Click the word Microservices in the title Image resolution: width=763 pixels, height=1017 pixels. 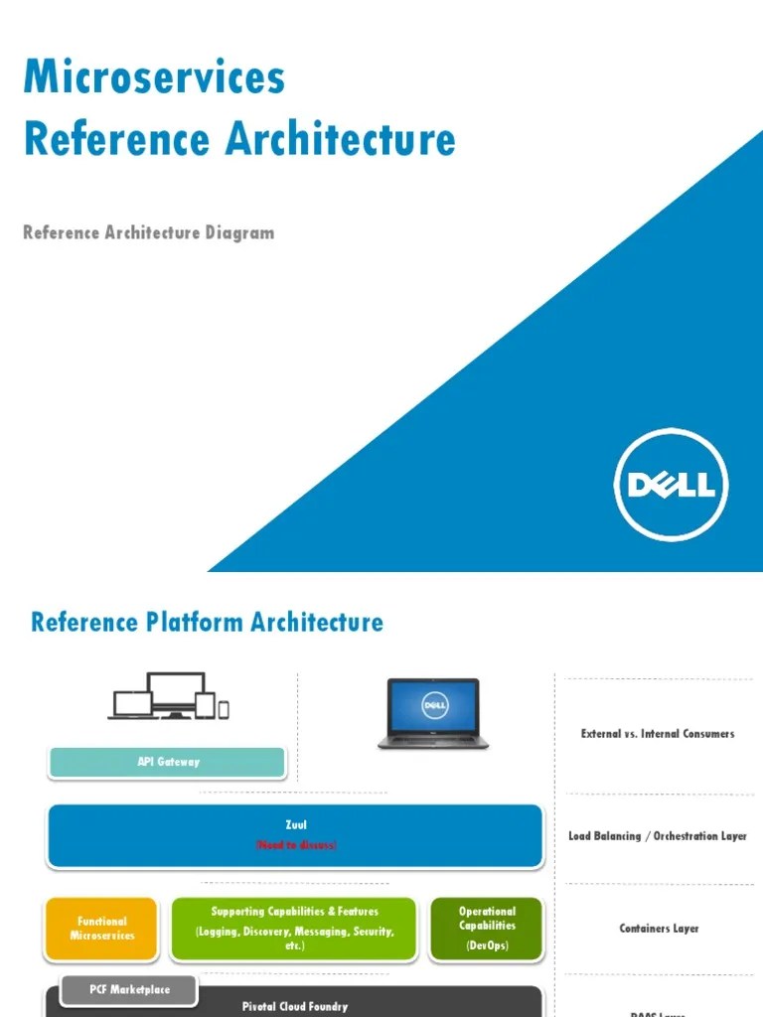pyautogui.click(x=154, y=76)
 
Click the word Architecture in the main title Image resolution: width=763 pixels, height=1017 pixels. pyautogui.click(x=340, y=139)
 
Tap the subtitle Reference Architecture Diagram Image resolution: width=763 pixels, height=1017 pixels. pyautogui.click(x=148, y=232)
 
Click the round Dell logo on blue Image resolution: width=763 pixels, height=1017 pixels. pyautogui.click(x=671, y=485)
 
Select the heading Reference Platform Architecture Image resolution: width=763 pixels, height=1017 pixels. pyautogui.click(x=207, y=623)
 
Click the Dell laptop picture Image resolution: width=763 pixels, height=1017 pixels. pyautogui.click(x=432, y=712)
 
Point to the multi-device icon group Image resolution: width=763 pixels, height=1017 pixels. pyautogui.click(x=169, y=696)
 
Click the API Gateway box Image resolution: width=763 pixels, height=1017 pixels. pyautogui.click(x=168, y=762)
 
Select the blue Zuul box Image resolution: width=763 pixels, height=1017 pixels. pyautogui.click(x=295, y=835)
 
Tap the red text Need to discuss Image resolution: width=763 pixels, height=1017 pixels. pyautogui.click(x=295, y=845)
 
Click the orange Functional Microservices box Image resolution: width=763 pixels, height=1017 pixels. pyautogui.click(x=102, y=929)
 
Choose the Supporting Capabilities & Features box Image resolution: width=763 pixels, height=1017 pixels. pyautogui.click(x=294, y=929)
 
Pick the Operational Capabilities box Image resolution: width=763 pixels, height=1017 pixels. pyautogui.click(x=487, y=929)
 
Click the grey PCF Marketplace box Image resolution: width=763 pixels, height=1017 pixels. pyautogui.click(x=129, y=989)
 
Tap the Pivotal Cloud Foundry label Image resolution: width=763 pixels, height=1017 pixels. pyautogui.click(x=295, y=1006)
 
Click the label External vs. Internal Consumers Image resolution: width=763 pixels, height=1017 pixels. pyautogui.click(x=658, y=734)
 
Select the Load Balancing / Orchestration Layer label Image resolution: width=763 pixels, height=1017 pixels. pyautogui.click(x=658, y=836)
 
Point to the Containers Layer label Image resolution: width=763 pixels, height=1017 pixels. pyautogui.click(x=658, y=929)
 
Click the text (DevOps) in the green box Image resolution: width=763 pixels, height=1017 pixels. pyautogui.click(x=487, y=945)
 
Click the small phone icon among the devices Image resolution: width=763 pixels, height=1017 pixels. pyautogui.click(x=224, y=708)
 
